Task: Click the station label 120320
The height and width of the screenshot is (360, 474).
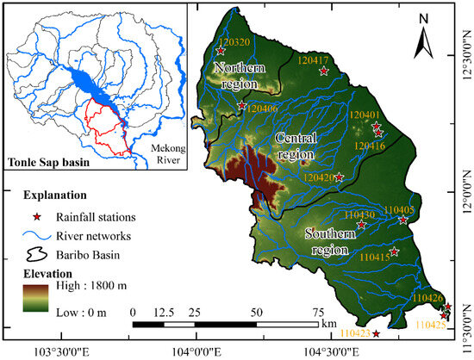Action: pyautogui.click(x=234, y=40)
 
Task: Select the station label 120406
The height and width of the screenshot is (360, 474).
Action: pyautogui.click(x=262, y=109)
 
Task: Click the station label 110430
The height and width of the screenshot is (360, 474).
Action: pyautogui.click(x=359, y=214)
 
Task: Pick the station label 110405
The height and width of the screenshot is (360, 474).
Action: pyautogui.click(x=399, y=209)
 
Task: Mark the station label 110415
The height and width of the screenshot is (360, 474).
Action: pyautogui.click(x=375, y=257)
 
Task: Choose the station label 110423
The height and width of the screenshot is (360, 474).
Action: pyautogui.click(x=355, y=332)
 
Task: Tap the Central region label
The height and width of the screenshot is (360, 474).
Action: pyautogui.click(x=296, y=146)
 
